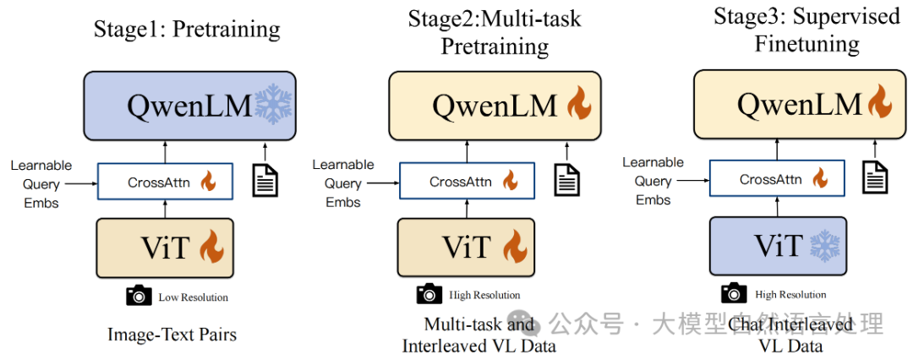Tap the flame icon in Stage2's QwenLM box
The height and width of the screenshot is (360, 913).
click(x=579, y=106)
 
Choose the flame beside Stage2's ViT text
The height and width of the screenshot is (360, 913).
click(x=515, y=247)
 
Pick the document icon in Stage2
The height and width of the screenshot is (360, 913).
click(x=566, y=180)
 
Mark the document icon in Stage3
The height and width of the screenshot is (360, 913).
click(x=875, y=177)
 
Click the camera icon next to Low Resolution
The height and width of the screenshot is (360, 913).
click(x=139, y=296)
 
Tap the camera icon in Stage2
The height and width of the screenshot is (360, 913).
click(x=429, y=294)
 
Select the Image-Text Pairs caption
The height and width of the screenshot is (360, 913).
click(x=172, y=335)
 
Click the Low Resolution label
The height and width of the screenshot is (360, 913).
click(x=193, y=297)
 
